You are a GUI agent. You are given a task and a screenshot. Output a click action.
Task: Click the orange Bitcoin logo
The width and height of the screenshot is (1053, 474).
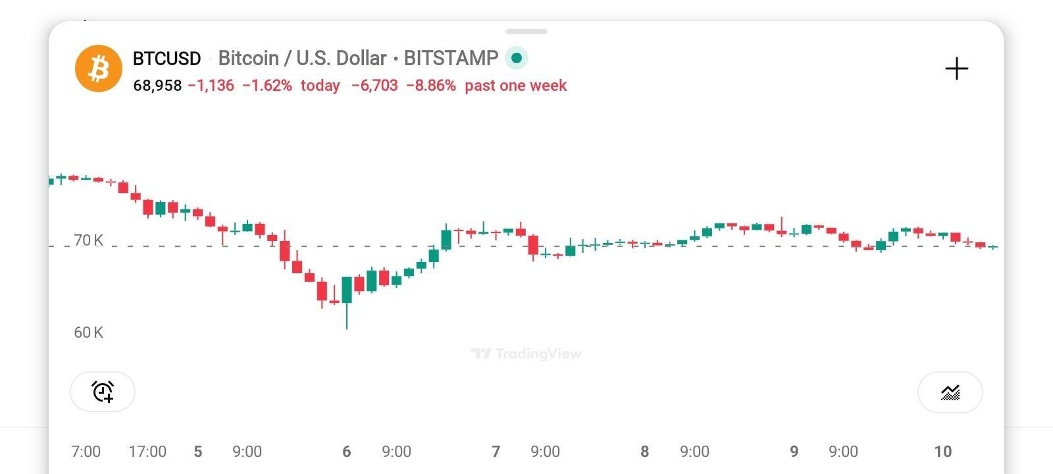pos(99,68)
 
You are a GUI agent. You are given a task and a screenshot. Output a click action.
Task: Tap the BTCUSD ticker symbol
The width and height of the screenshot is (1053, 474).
pos(167,59)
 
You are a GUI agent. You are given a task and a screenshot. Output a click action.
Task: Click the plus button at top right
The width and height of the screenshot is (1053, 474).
pos(956,68)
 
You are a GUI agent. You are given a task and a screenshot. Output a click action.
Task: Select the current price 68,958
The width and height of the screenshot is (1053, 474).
pos(157,86)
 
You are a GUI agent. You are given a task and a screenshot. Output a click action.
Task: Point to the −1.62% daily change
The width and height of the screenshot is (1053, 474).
pos(267,86)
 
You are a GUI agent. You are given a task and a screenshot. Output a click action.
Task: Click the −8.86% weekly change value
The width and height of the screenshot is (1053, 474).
pos(430,86)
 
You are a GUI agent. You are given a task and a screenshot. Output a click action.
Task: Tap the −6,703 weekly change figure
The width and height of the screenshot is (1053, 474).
pos(374,86)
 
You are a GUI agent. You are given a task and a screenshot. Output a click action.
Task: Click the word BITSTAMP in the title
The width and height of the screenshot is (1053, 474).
pos(451,59)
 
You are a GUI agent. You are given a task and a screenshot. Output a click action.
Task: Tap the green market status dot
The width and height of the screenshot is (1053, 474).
pos(517,58)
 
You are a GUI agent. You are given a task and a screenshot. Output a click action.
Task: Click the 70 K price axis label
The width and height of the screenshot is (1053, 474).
pos(88,240)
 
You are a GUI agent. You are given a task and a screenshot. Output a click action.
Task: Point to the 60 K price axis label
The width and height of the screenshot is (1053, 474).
pos(88,332)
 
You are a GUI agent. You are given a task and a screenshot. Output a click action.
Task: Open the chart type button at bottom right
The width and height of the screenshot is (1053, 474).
pos(950,392)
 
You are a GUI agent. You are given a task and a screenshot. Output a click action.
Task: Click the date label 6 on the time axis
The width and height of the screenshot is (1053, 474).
pos(347,452)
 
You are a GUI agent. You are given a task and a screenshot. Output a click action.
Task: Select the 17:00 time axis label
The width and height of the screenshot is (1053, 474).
pos(147,452)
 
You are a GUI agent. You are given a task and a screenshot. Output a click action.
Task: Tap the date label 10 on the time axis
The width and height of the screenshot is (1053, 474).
pos(942,452)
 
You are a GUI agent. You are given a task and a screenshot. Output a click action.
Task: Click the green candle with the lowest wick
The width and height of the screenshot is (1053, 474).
pos(347,290)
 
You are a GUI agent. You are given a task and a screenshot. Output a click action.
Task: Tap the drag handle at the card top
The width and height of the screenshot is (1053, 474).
pos(526,32)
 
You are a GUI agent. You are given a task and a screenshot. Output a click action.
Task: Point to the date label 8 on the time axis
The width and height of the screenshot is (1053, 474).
pos(645,452)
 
